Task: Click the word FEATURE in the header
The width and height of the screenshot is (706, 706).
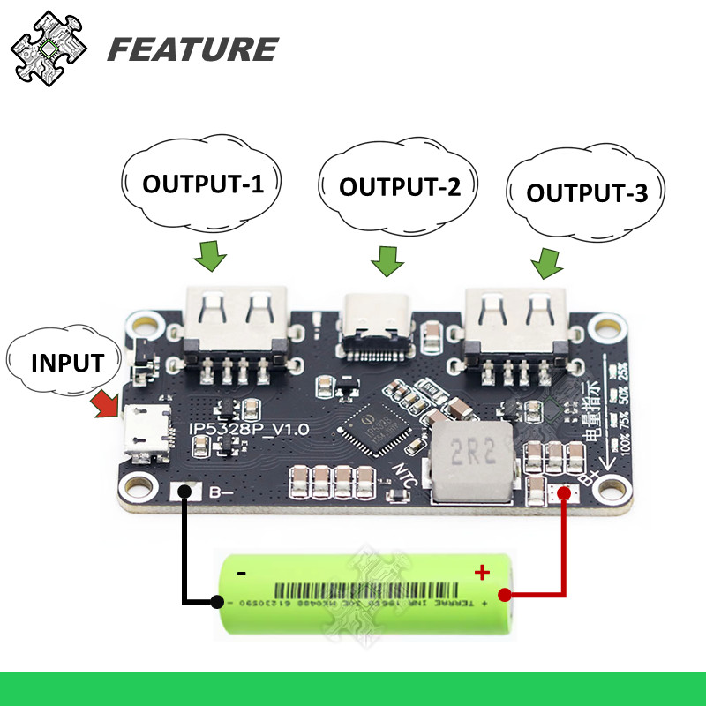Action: tap(192, 49)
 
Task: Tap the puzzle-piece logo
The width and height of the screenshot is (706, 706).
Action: tap(46, 48)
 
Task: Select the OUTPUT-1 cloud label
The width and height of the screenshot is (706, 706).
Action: tap(203, 184)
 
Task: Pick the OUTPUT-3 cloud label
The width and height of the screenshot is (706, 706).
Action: tap(587, 192)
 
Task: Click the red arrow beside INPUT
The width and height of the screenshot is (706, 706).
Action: tap(106, 405)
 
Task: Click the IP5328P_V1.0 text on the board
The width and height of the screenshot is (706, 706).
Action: tap(250, 430)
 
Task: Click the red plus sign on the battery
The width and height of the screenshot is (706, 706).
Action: tap(482, 572)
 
